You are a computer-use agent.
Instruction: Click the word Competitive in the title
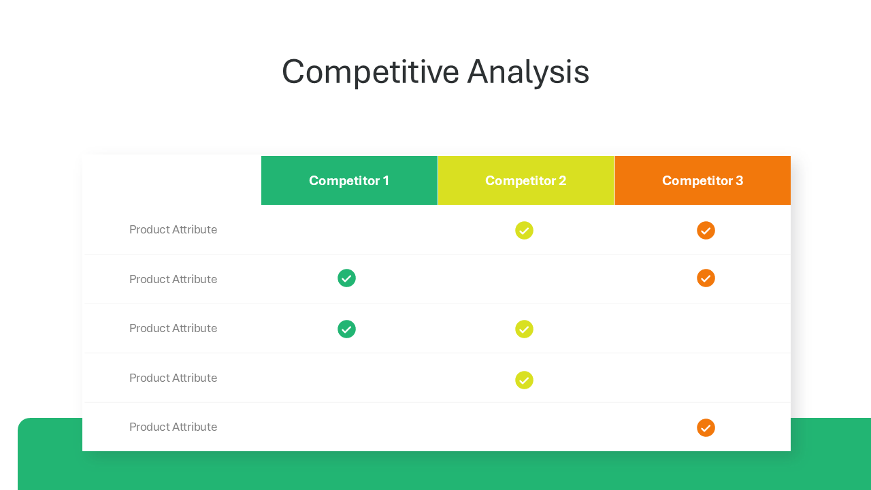click(371, 72)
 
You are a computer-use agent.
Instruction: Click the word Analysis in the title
click(528, 72)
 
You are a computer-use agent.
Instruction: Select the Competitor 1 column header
click(349, 180)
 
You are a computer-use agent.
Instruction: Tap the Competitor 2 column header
click(526, 180)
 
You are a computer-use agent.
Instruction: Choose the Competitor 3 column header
click(703, 180)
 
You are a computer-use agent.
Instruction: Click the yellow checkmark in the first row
click(524, 231)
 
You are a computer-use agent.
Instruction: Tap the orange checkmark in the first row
click(706, 231)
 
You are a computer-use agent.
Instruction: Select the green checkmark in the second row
click(346, 278)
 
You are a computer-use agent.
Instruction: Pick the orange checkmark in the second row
click(706, 278)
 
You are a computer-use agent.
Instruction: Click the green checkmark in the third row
click(346, 329)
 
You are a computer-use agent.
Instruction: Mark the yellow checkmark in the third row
click(524, 329)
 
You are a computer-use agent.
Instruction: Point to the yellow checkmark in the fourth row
click(524, 380)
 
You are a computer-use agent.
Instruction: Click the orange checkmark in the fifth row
click(706, 428)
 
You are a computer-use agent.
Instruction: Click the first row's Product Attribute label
click(173, 229)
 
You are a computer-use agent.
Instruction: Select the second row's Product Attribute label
click(173, 279)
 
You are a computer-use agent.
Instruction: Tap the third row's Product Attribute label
click(173, 328)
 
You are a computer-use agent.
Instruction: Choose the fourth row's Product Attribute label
click(173, 378)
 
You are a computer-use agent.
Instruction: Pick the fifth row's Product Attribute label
click(173, 427)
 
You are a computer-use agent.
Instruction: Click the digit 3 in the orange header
click(739, 180)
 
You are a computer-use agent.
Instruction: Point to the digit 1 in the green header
click(386, 180)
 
